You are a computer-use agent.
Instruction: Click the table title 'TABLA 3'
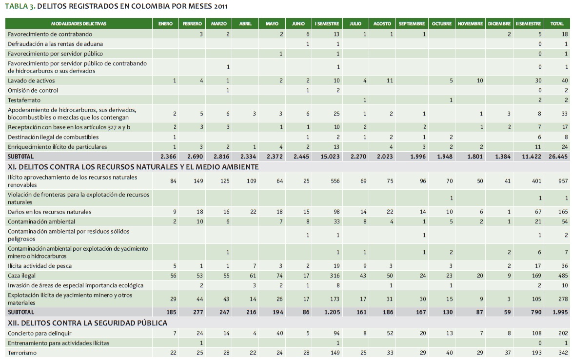pyautogui.click(x=19, y=7)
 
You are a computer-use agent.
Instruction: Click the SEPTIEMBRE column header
pyautogui.click(x=412, y=24)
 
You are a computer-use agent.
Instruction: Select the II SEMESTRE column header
pyautogui.click(x=528, y=24)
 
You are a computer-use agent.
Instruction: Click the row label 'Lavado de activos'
pyautogui.click(x=31, y=80)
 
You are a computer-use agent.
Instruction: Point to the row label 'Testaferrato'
pyautogui.click(x=24, y=100)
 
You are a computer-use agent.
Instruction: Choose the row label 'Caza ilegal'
pyautogui.click(x=22, y=276)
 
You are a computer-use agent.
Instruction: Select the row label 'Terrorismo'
pyautogui.click(x=22, y=353)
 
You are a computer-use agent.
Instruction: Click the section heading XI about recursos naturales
pyautogui.click(x=132, y=167)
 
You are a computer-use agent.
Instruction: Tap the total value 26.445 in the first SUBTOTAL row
pyautogui.click(x=558, y=157)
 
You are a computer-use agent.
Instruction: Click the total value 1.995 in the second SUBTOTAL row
pyautogui.click(x=559, y=312)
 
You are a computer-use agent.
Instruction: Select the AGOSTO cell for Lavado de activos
pyautogui.click(x=389, y=80)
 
